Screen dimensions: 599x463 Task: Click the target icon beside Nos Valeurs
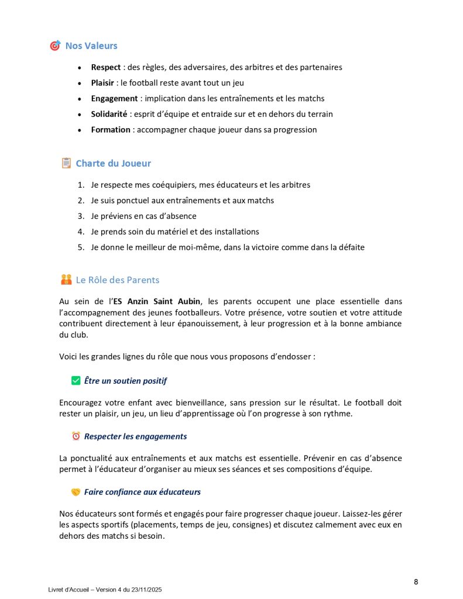[x=55, y=46]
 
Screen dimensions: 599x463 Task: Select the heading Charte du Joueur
[x=114, y=163]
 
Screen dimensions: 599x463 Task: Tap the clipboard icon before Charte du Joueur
[x=66, y=163]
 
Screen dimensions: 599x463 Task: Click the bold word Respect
[x=106, y=67]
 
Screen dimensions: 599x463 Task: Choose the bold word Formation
[x=111, y=130]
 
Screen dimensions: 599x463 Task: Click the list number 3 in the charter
[x=81, y=216]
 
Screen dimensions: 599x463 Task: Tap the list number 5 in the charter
[x=81, y=247]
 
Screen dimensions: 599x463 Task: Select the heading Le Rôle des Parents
[x=118, y=280]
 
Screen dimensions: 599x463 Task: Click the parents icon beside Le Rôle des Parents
[x=66, y=280]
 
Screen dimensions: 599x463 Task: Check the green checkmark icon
[x=76, y=381]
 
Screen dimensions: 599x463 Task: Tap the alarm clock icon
[x=76, y=436]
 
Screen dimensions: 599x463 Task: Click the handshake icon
[x=76, y=492]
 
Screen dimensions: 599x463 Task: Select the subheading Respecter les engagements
[x=135, y=436]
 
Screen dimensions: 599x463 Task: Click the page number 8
[x=416, y=581]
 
